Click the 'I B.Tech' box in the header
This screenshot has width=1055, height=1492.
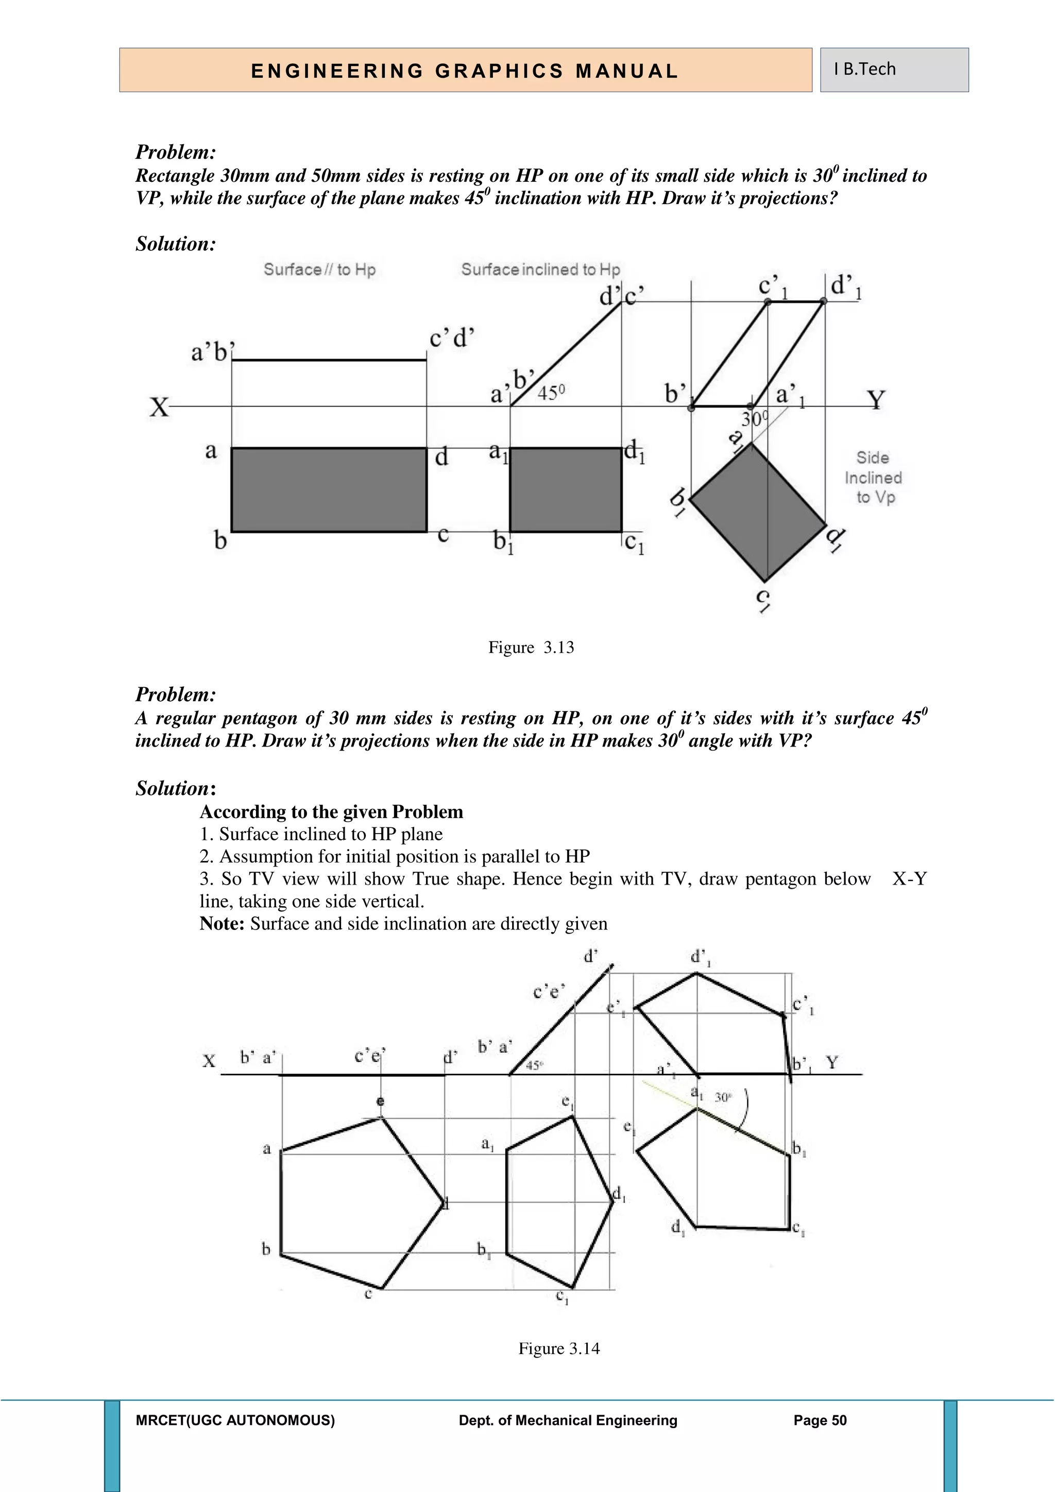(893, 70)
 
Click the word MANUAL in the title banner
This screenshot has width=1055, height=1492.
(627, 71)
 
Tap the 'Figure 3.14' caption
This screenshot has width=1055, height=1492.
(559, 1348)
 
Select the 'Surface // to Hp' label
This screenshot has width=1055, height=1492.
(319, 269)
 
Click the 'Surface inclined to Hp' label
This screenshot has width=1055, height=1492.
(540, 269)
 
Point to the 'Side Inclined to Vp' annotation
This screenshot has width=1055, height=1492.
(873, 478)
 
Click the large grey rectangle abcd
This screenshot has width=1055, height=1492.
(329, 489)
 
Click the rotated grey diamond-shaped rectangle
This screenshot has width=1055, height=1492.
(758, 512)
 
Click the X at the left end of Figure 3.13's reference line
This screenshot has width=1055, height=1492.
(159, 408)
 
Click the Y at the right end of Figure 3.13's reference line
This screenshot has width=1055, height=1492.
(876, 400)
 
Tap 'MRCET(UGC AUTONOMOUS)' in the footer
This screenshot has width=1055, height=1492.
(235, 1420)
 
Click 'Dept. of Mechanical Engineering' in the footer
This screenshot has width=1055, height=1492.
(568, 1420)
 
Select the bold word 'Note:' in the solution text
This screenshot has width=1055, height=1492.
(222, 924)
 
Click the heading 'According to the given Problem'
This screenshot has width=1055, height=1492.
(331, 812)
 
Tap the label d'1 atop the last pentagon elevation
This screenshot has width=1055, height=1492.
(700, 958)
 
